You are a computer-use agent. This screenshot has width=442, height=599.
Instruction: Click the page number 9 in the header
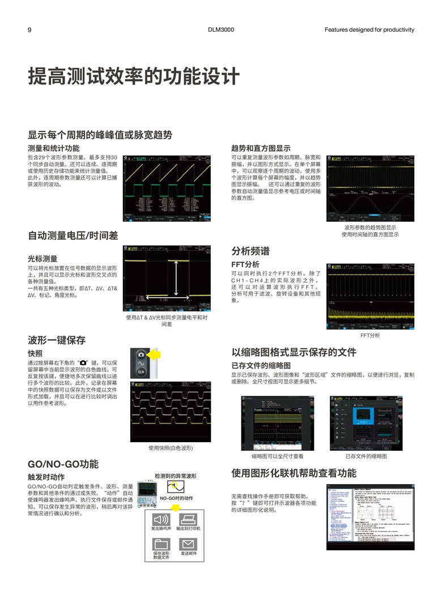(x=29, y=30)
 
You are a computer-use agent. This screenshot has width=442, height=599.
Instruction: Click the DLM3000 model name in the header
(x=221, y=30)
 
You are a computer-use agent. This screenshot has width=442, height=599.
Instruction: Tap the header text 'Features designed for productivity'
(x=369, y=30)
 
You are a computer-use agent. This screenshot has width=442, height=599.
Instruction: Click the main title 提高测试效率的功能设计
(x=134, y=76)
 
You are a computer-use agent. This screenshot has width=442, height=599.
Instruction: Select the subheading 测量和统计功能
(x=54, y=148)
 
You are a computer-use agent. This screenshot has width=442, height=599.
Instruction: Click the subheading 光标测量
(x=42, y=258)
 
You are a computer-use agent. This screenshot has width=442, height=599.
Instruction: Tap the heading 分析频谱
(x=250, y=251)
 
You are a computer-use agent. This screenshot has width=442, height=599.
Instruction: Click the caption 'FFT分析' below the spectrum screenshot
(x=370, y=335)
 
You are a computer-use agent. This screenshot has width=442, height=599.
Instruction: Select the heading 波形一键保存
(x=57, y=340)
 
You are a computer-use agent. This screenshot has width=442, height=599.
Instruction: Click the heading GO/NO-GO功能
(x=63, y=464)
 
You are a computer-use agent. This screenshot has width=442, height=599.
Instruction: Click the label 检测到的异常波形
(x=175, y=476)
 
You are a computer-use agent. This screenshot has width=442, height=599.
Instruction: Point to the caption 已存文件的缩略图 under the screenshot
(x=366, y=456)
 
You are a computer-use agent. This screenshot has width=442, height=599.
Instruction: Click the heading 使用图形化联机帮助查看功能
(x=294, y=473)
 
